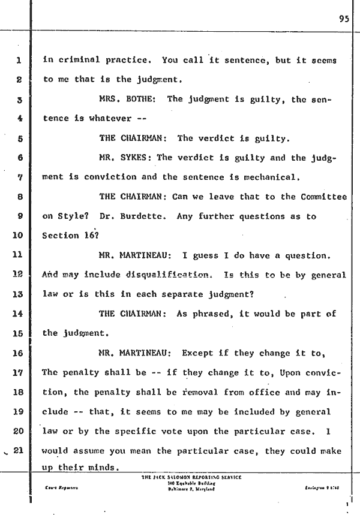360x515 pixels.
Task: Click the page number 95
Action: pyautogui.click(x=343, y=18)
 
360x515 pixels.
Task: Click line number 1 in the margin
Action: pyautogui.click(x=18, y=61)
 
